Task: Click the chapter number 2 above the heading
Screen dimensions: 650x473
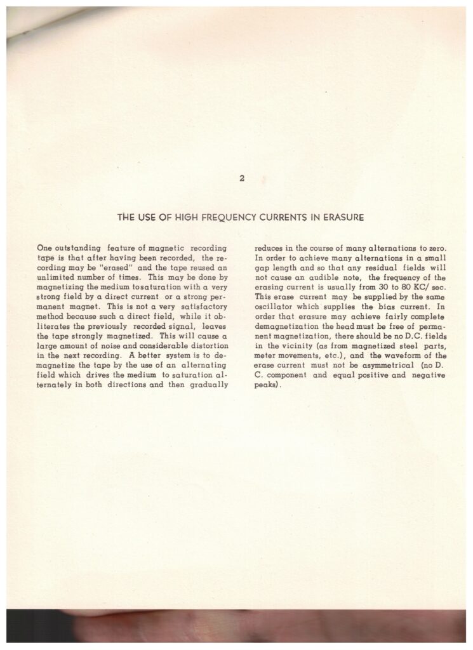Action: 242,178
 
